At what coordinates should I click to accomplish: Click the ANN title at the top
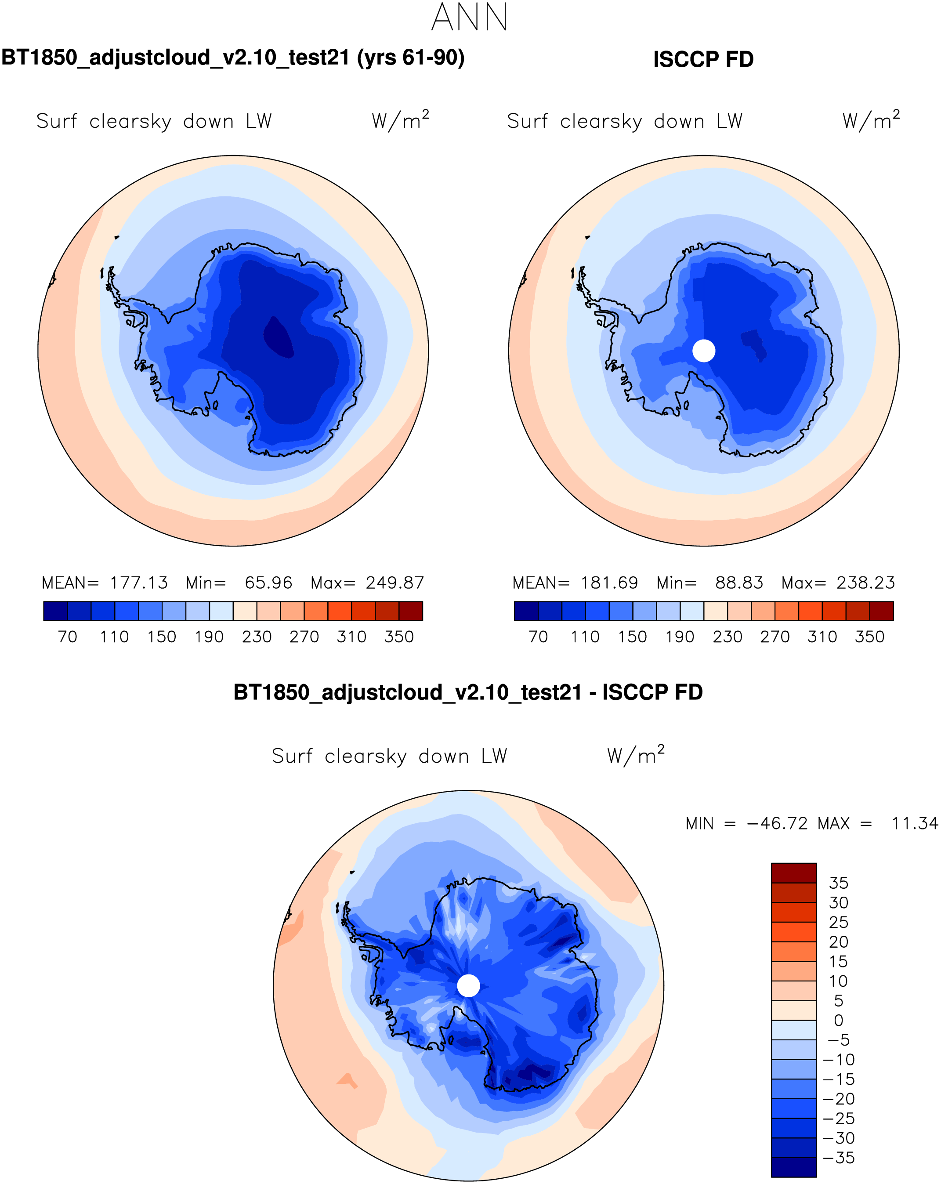pos(470,18)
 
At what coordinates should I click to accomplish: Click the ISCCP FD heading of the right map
pos(703,59)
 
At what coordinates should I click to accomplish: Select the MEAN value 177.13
pos(139,583)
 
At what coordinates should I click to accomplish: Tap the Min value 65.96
pos(268,583)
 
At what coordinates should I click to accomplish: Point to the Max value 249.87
pos(395,583)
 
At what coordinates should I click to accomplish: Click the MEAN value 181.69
pos(609,583)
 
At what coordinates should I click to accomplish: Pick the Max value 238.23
pos(865,583)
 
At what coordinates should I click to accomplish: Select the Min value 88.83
pos(739,583)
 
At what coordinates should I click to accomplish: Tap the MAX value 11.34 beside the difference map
pos(915,824)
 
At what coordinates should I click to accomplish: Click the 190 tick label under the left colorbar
pos(209,637)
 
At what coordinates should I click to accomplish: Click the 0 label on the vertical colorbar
pos(838,1020)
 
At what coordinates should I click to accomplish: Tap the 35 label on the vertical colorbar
pos(838,883)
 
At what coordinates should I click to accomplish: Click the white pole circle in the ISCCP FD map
pos(704,351)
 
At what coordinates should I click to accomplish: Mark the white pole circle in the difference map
pos(468,986)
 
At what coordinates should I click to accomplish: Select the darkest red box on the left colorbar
pos(411,611)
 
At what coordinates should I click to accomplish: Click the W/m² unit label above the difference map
pos(636,756)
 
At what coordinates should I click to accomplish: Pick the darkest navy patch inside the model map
pos(279,337)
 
